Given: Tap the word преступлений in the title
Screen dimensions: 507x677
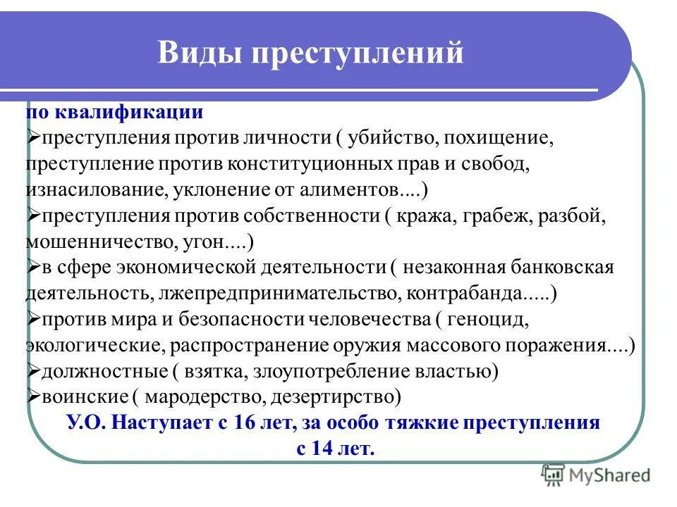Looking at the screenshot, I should tap(354, 54).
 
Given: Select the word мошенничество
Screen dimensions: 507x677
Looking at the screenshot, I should tap(95, 242).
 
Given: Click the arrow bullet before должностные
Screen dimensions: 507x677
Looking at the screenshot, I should tap(33, 370).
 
